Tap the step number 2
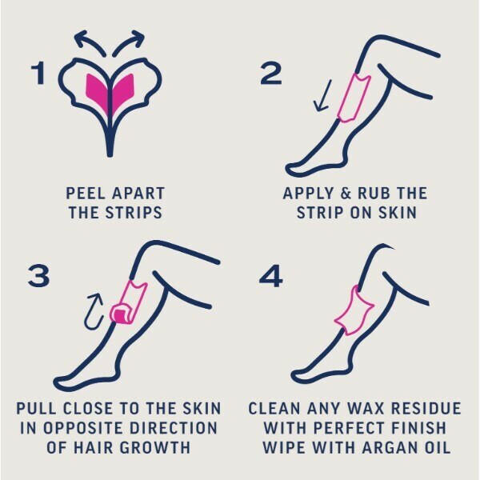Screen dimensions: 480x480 [271, 74]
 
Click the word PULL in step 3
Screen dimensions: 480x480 [38, 408]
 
